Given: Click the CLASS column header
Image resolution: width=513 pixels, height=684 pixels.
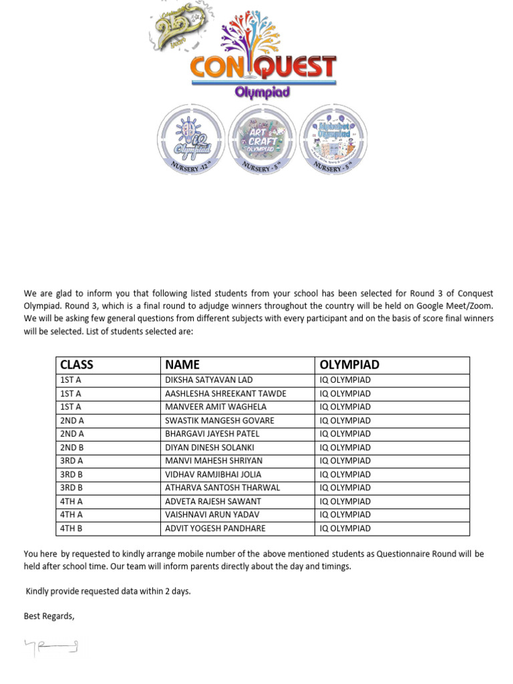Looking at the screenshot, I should (77, 365).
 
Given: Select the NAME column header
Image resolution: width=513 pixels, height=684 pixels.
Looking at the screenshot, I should (182, 365).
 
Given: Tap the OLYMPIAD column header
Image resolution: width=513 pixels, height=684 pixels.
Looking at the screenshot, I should (349, 365).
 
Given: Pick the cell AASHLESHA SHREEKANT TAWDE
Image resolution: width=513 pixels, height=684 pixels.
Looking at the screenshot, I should (225, 393).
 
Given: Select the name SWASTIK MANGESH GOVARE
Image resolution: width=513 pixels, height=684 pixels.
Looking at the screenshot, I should (219, 421).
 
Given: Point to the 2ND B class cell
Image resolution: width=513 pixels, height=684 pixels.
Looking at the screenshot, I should (72, 448).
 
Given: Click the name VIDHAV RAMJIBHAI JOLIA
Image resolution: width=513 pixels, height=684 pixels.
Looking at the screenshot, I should (213, 474).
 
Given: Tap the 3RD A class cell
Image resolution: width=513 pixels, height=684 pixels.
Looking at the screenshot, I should (72, 461).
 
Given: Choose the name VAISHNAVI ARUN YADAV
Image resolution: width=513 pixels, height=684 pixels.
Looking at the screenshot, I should (212, 515).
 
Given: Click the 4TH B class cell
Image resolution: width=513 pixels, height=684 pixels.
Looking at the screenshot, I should (71, 528).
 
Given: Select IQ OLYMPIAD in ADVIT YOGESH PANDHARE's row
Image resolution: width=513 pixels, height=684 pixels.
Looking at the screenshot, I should (345, 528).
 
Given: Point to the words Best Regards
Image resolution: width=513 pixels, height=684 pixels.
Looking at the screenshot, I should (49, 616).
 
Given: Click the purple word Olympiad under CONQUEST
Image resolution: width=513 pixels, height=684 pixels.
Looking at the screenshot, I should (262, 92).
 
